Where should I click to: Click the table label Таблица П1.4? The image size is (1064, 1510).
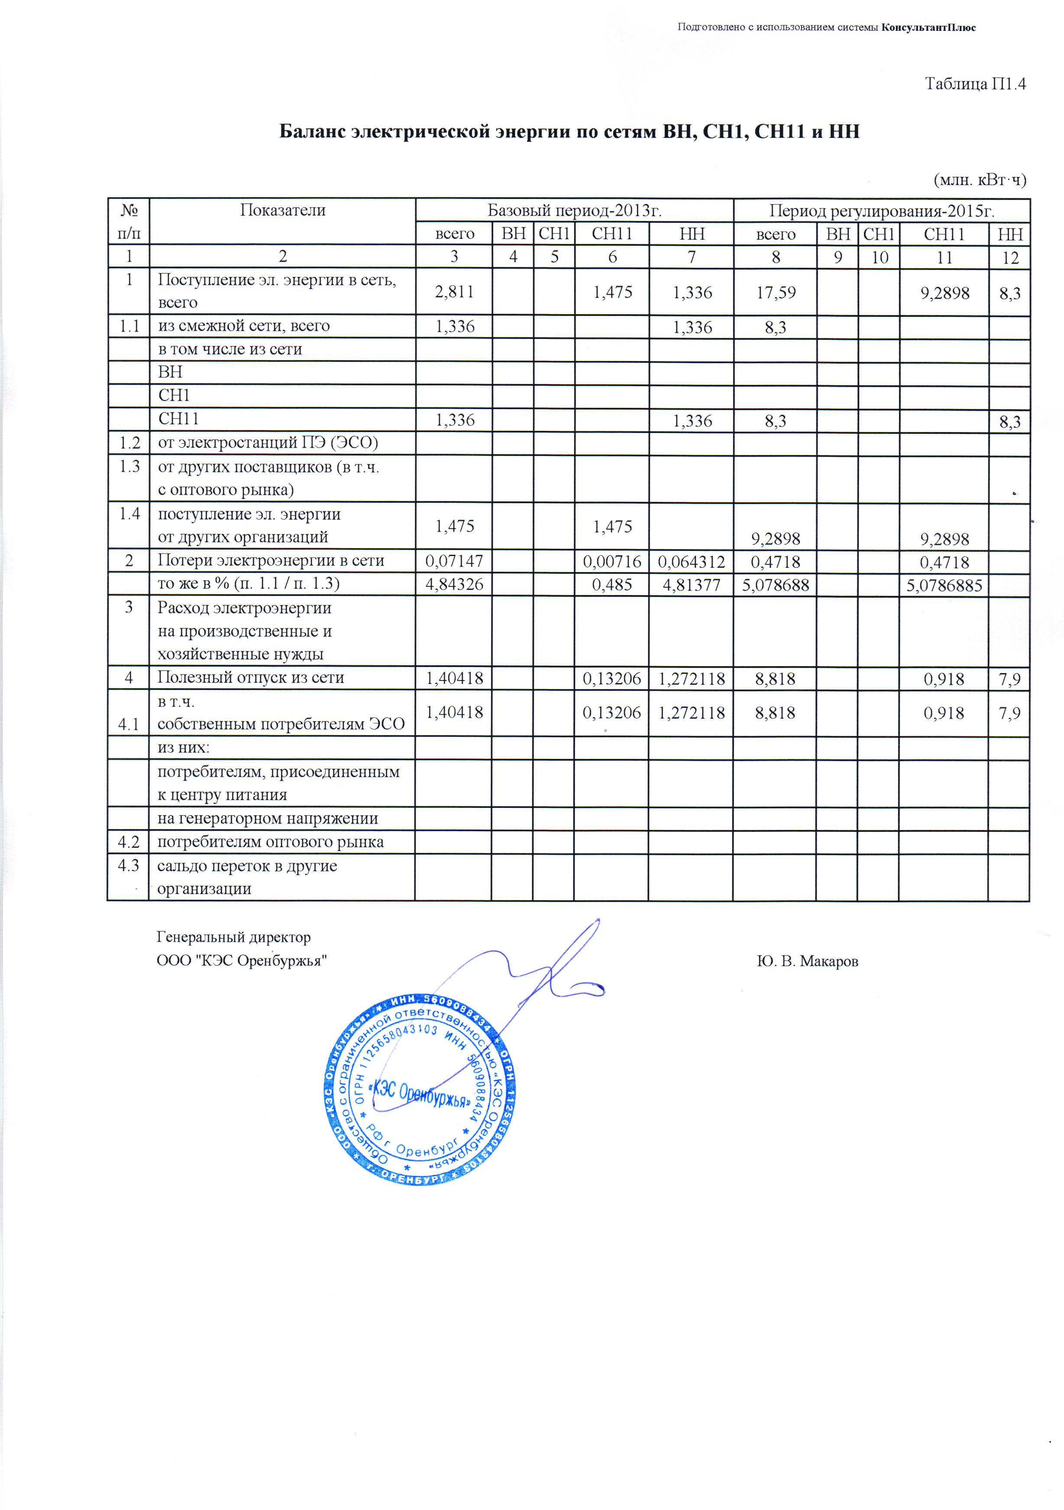coord(975,84)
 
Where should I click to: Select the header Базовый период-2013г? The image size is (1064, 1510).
coord(574,211)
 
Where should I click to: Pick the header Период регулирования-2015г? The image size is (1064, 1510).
coord(881,211)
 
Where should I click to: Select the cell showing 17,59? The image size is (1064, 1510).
coord(776,292)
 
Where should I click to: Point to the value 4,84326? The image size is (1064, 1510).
coord(454,584)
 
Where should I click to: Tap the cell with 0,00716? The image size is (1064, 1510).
coord(612,561)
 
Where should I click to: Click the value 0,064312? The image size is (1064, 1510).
coord(692,561)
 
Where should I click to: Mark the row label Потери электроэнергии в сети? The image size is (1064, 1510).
coord(271,560)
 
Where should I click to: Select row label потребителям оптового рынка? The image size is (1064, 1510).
coord(270,842)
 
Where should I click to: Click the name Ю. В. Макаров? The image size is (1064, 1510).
coord(807,961)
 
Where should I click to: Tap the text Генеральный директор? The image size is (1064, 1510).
coord(233,937)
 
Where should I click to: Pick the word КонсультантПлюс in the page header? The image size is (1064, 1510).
coord(928,28)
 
